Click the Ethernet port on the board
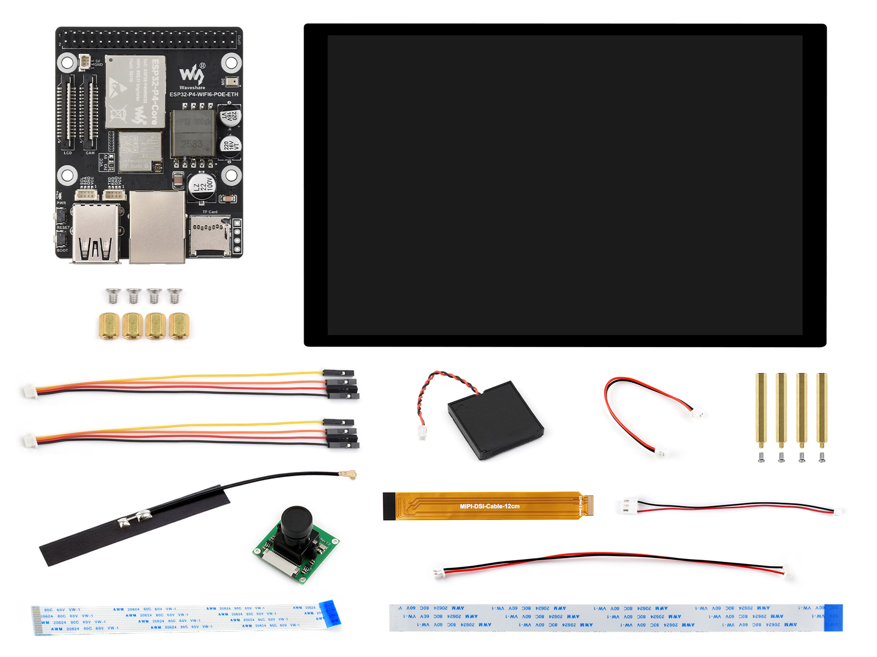click(x=157, y=227)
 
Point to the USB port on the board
click(x=96, y=233)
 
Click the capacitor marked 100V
click(x=201, y=187)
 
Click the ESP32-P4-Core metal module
click(x=135, y=91)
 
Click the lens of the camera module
click(x=297, y=520)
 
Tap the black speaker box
click(x=495, y=420)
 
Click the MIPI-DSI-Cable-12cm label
click(x=489, y=506)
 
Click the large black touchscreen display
click(x=565, y=185)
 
